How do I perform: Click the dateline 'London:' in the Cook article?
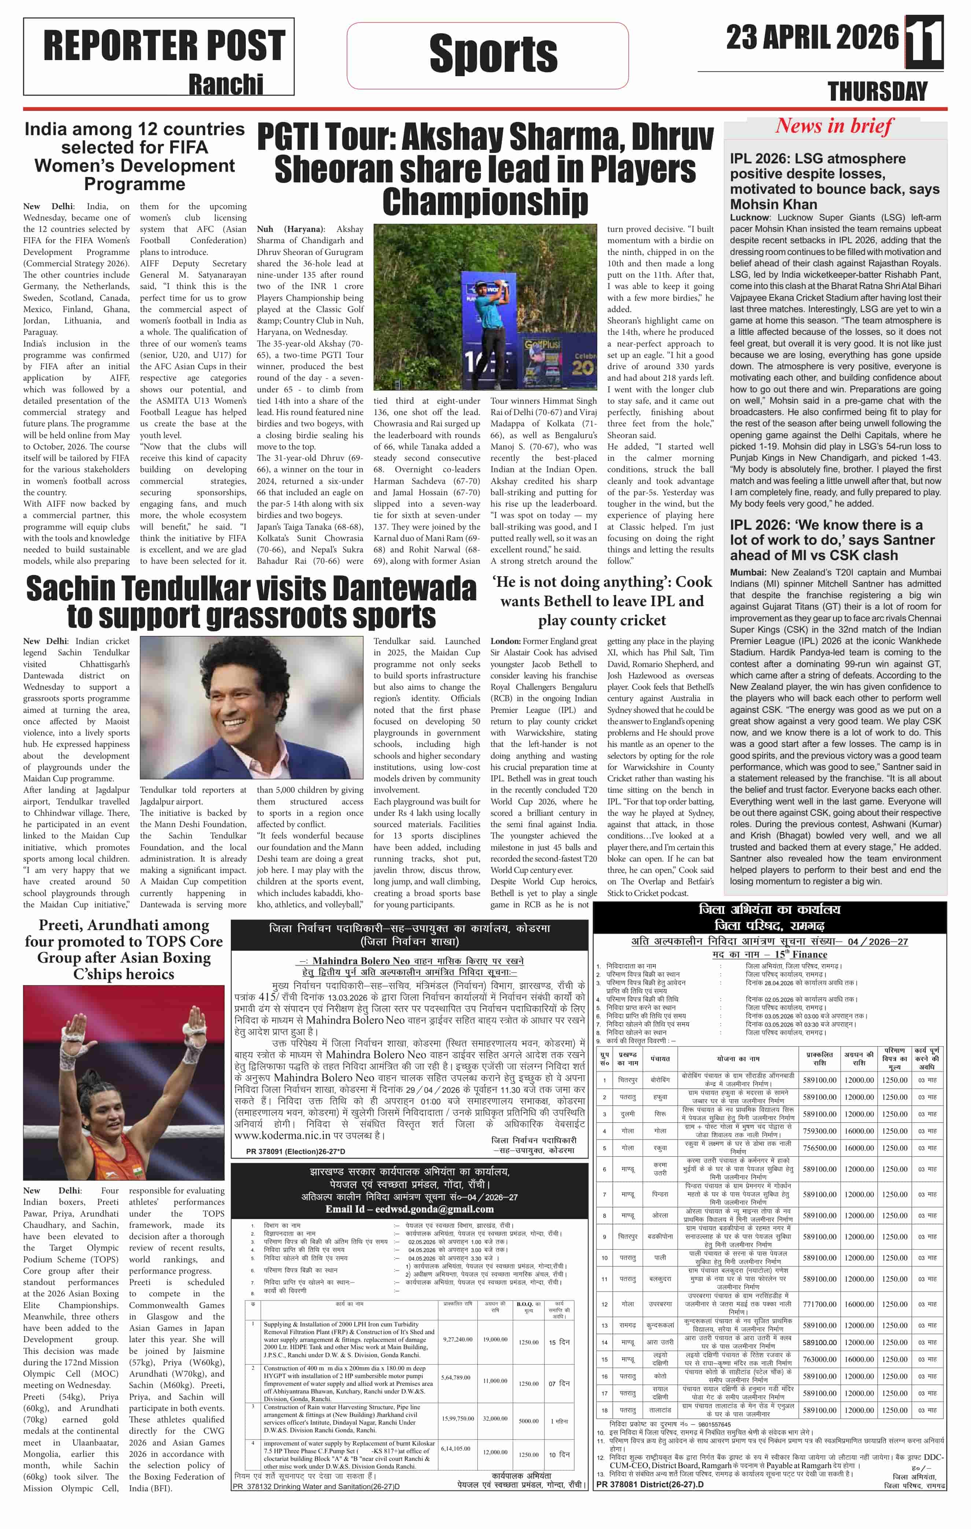pos(506,641)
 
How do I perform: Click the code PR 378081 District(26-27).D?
pos(650,1485)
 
